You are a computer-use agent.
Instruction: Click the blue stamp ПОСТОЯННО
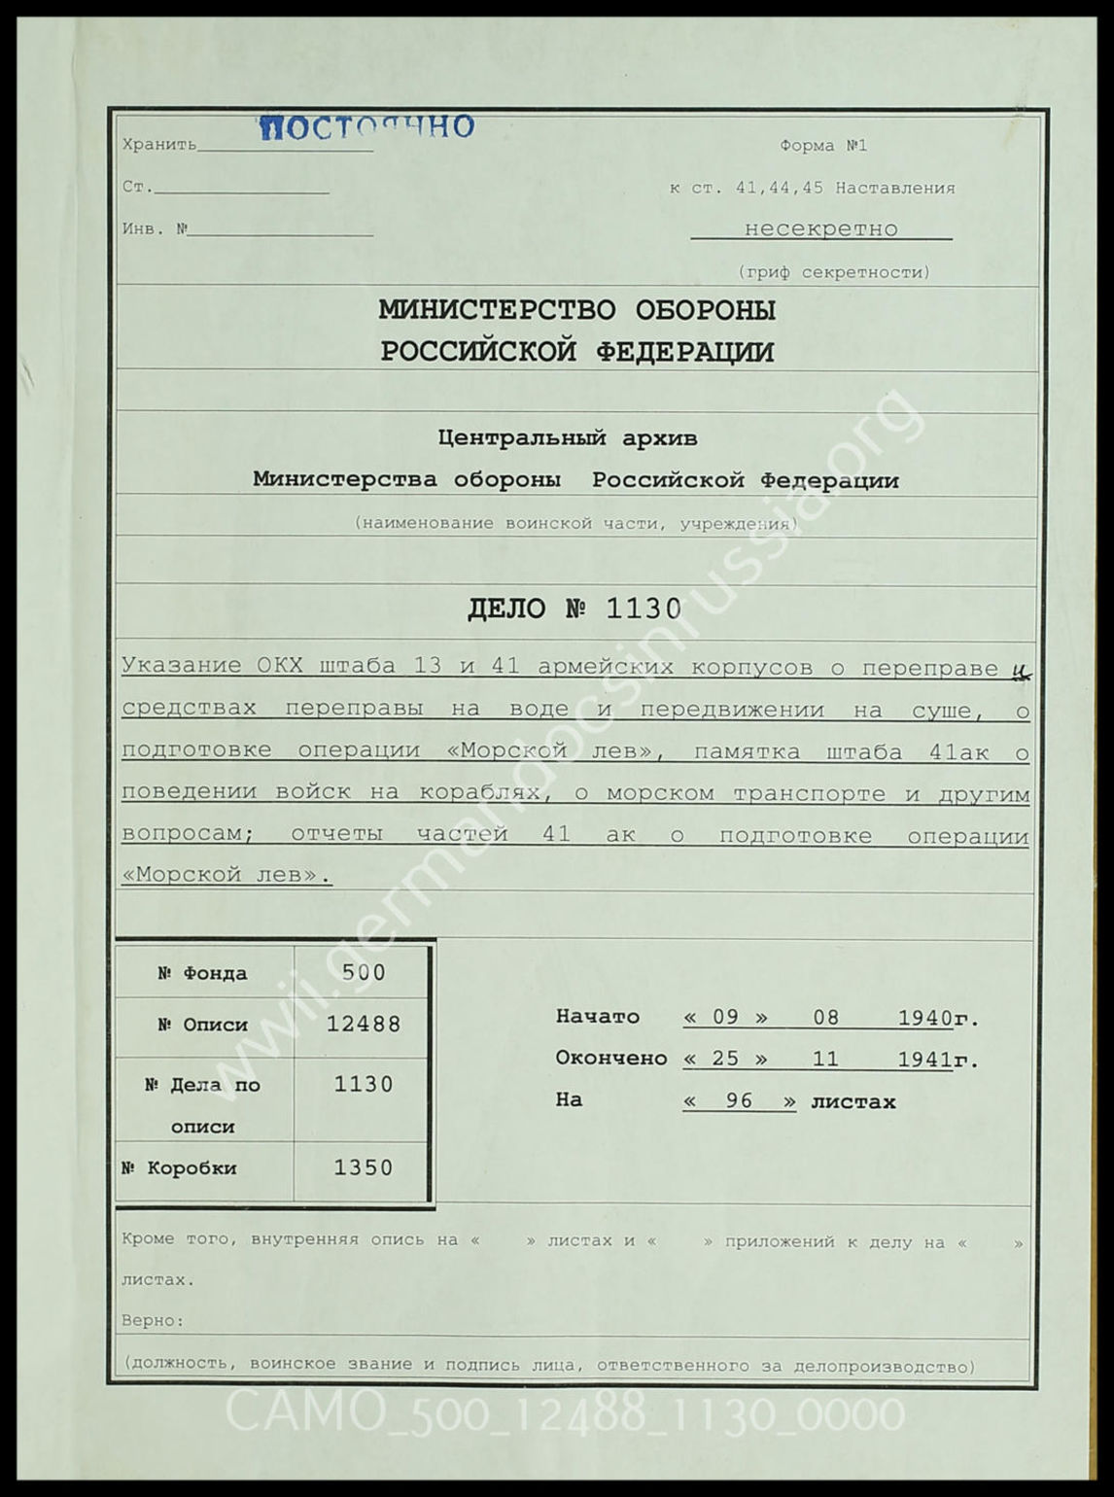[366, 127]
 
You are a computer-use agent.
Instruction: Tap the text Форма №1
[822, 146]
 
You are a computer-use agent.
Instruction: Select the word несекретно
[820, 229]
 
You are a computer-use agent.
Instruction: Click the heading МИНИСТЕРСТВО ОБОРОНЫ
[576, 310]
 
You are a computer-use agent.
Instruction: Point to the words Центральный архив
[568, 438]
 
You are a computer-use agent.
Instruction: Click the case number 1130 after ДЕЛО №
[643, 609]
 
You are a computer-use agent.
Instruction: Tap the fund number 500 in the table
[364, 972]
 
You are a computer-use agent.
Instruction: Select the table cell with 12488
[364, 1024]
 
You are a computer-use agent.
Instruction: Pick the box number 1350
[364, 1167]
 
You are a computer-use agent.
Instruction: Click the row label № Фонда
[202, 973]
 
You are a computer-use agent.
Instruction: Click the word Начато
[597, 1017]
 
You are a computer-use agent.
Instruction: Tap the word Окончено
[610, 1059]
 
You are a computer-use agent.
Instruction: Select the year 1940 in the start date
[923, 1018]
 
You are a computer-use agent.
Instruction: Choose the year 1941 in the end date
[923, 1060]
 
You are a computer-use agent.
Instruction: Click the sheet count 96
[740, 1101]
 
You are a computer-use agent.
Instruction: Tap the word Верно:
[153, 1321]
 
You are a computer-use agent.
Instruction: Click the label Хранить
[159, 146]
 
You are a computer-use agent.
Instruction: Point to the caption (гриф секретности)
[833, 272]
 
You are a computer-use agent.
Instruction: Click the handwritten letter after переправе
[1019, 670]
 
